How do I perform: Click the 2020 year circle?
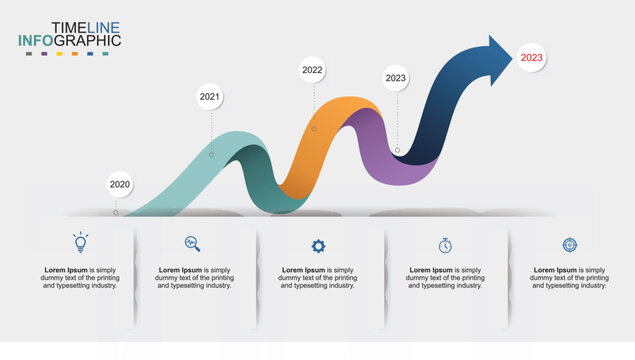pos(120,184)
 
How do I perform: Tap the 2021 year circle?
pos(210,97)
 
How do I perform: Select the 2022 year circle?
pos(313,70)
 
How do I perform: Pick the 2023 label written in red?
pos(532,58)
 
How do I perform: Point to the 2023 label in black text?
pos(396,77)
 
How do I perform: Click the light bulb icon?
pos(80,242)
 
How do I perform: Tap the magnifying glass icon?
pos(193,243)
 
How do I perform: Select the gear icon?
pos(318,245)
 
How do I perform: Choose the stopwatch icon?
pos(445,245)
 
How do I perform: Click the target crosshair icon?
pos(569,244)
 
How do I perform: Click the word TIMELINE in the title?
pos(86,27)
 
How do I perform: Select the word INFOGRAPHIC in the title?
pos(69,41)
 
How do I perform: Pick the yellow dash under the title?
pos(60,53)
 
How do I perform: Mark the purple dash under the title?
pos(43,53)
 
